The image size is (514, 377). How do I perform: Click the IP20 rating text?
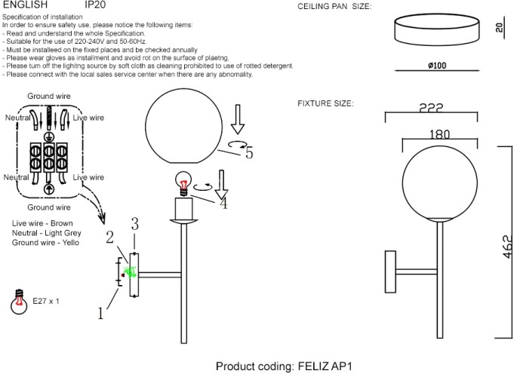point(96,5)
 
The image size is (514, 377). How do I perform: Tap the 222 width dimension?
point(431,109)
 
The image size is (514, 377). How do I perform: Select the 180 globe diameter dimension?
point(438,134)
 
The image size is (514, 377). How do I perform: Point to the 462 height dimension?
point(507,247)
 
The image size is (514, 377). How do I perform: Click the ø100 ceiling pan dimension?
point(436,66)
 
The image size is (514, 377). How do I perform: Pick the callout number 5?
point(248,152)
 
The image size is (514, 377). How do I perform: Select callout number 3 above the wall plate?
point(135,223)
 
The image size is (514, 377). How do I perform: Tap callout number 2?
point(109,238)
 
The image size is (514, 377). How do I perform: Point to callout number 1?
point(100,313)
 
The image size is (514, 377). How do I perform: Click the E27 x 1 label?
point(45,300)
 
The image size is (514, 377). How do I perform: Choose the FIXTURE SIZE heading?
point(325,103)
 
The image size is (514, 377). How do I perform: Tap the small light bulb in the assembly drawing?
point(182,182)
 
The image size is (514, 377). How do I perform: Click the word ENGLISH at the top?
point(26,5)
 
